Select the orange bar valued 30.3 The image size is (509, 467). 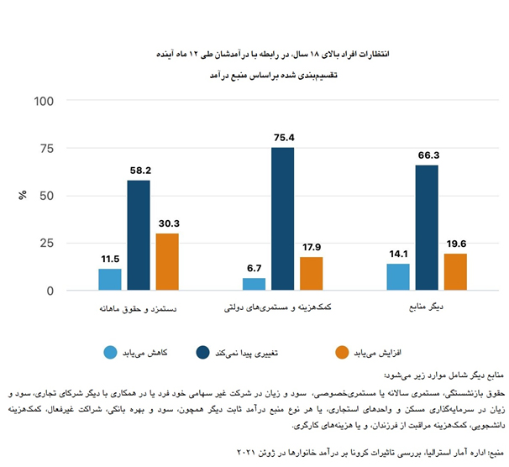[x=167, y=262]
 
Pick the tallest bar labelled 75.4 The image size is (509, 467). [x=282, y=219]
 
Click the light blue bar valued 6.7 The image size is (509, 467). [x=254, y=285]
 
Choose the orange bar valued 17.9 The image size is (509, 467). [x=311, y=274]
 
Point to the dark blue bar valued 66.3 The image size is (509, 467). [x=426, y=228]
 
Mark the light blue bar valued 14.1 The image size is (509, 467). [x=397, y=277]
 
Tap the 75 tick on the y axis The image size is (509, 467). [x=46, y=149]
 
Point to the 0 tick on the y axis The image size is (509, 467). [x=50, y=291]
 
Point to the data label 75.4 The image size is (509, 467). [x=282, y=137]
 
